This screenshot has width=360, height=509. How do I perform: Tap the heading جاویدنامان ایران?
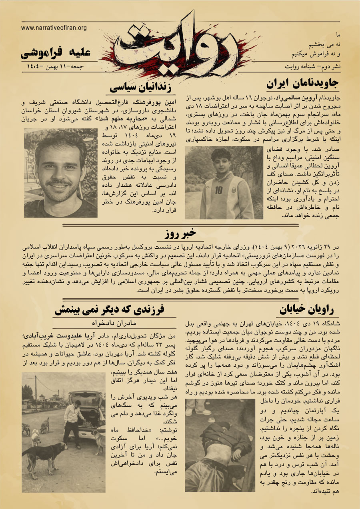[302, 84]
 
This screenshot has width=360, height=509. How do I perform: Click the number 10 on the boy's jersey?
[218, 190]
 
